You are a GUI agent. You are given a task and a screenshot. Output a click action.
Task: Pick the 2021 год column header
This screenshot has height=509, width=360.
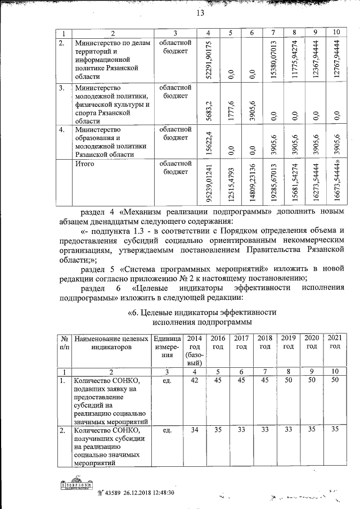[x=335, y=343]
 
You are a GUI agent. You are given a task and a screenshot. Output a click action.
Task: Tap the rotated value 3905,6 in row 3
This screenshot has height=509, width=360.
[x=253, y=107]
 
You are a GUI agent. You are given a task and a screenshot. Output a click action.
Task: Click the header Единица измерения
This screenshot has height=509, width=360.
[x=166, y=347]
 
